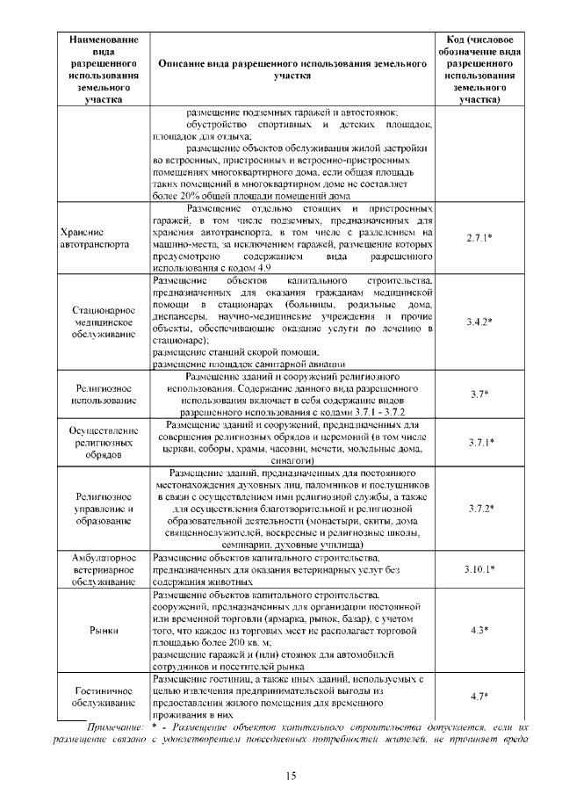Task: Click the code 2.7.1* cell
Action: click(479, 237)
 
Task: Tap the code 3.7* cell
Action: click(479, 394)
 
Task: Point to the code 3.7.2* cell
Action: click(479, 508)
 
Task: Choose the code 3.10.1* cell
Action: click(479, 569)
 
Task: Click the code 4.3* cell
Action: click(479, 630)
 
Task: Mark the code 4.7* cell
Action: click(479, 696)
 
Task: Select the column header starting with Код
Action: click(479, 69)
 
